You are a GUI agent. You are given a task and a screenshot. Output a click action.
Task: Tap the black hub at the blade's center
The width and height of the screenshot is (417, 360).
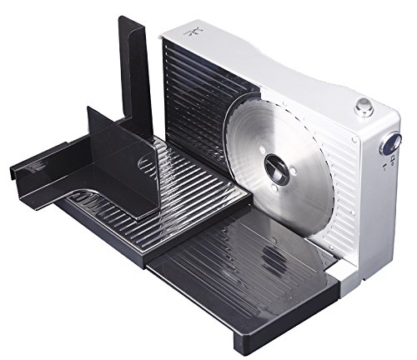(x=279, y=167)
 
